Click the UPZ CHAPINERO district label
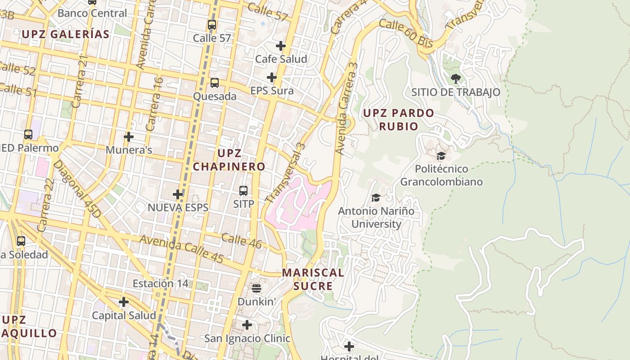(x=229, y=160)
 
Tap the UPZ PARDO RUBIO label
(x=399, y=119)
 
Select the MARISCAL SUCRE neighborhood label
(x=313, y=279)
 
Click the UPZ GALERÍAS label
(x=66, y=34)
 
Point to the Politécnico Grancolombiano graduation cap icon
(x=441, y=156)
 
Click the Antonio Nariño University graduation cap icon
(x=376, y=198)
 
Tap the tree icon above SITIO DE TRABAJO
(x=455, y=79)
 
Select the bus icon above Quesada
(x=215, y=83)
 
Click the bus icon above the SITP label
(x=243, y=191)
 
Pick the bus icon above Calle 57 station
(x=212, y=25)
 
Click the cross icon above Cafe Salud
(x=281, y=46)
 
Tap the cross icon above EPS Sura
(x=272, y=77)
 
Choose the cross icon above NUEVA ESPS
(x=178, y=194)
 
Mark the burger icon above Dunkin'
(x=256, y=288)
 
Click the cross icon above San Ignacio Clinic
(x=247, y=325)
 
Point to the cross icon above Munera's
(x=129, y=137)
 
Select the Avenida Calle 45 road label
(x=182, y=249)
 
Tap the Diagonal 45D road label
(x=77, y=189)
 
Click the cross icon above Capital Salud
(x=124, y=302)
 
